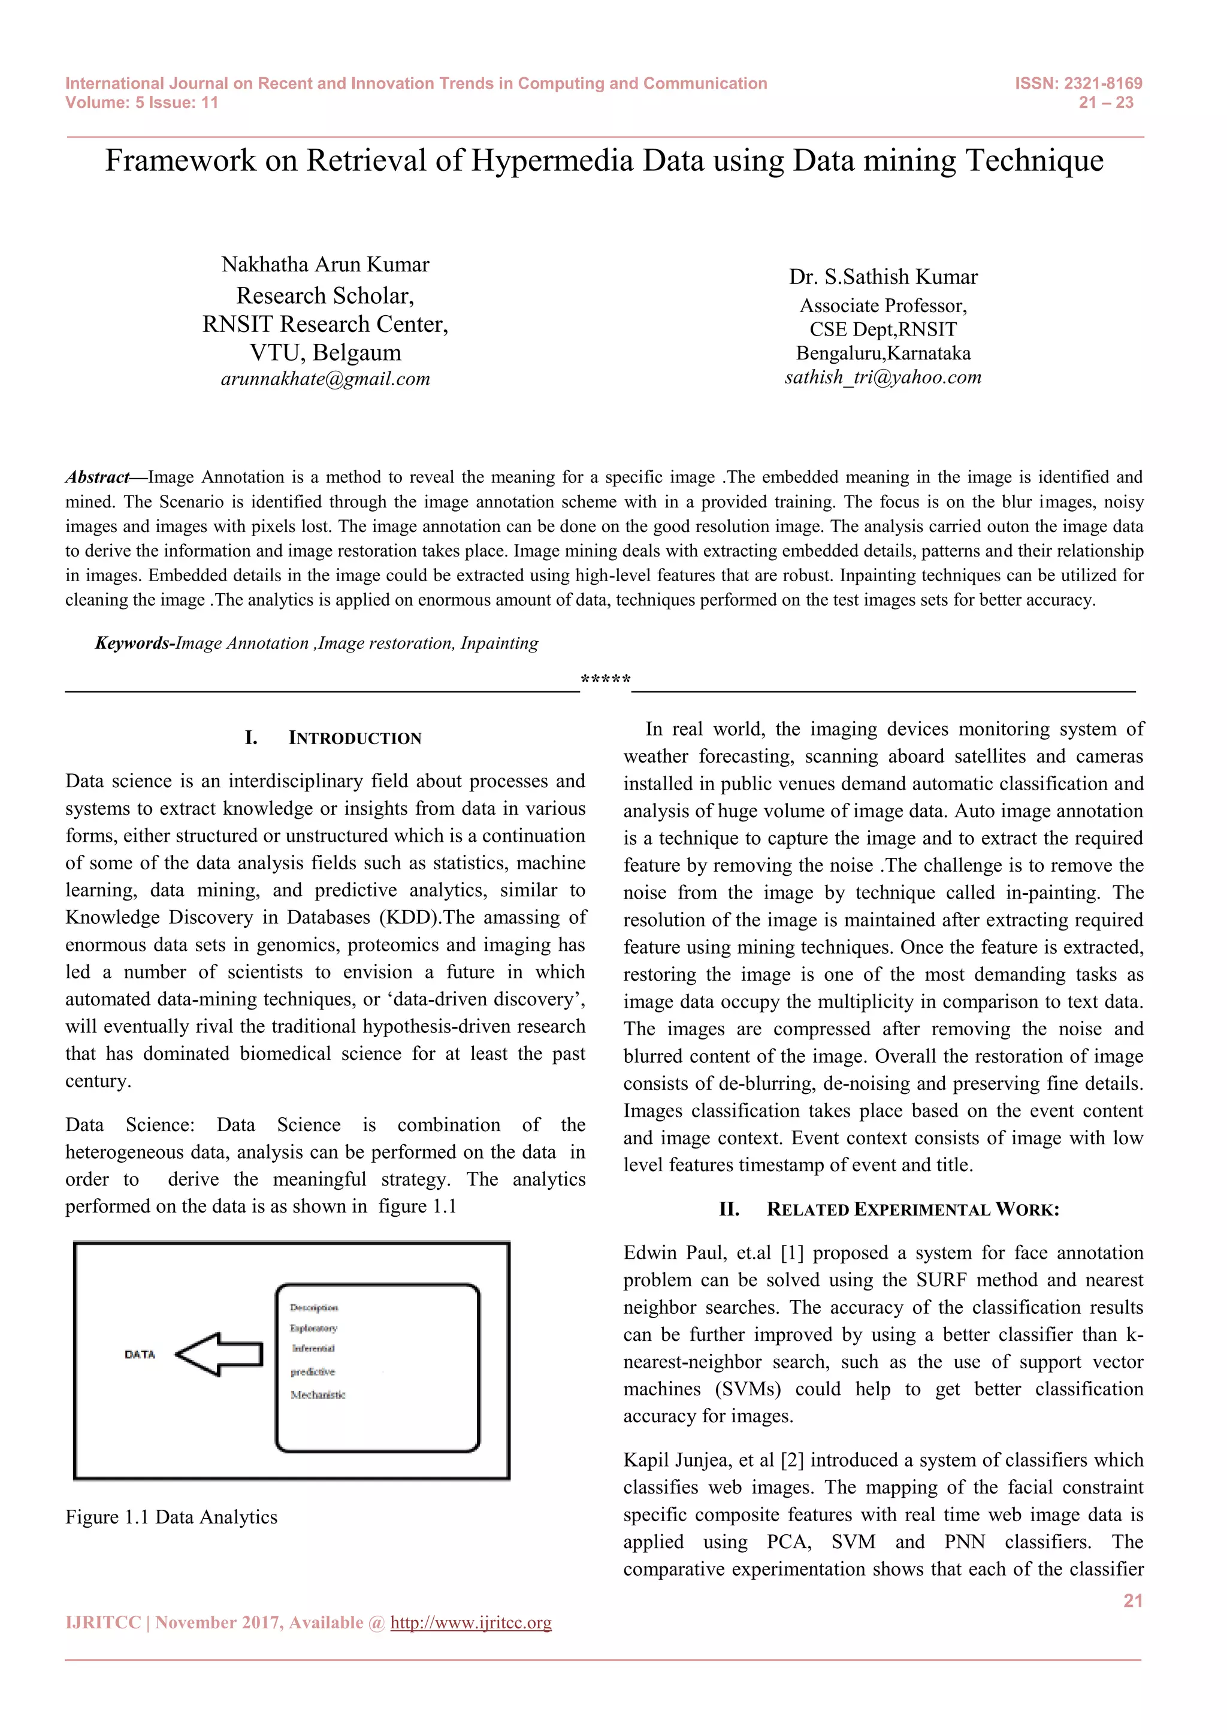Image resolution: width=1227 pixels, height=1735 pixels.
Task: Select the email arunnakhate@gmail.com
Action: pyautogui.click(x=325, y=379)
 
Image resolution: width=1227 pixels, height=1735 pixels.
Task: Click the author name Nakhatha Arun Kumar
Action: pyautogui.click(x=325, y=264)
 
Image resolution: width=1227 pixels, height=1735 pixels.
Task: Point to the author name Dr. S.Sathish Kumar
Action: pyautogui.click(x=883, y=277)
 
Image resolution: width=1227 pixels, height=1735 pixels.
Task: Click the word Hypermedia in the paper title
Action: pyautogui.click(x=552, y=161)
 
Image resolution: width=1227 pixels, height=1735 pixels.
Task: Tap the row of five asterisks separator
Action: pyautogui.click(x=605, y=679)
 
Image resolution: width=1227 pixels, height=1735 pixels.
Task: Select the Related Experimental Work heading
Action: pyautogui.click(x=912, y=1209)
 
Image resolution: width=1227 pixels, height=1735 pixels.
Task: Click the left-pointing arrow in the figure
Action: pyautogui.click(x=219, y=1354)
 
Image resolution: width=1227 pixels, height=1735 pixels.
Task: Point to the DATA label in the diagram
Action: pyautogui.click(x=140, y=1354)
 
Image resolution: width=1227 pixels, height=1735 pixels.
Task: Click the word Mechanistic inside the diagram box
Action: pyautogui.click(x=318, y=1395)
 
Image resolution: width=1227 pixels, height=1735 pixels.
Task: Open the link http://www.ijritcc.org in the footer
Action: pyautogui.click(x=471, y=1623)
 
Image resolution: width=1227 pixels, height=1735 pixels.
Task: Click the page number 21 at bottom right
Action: pyautogui.click(x=1132, y=1600)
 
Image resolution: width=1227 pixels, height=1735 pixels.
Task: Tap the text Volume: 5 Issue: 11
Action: pyautogui.click(x=141, y=103)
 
